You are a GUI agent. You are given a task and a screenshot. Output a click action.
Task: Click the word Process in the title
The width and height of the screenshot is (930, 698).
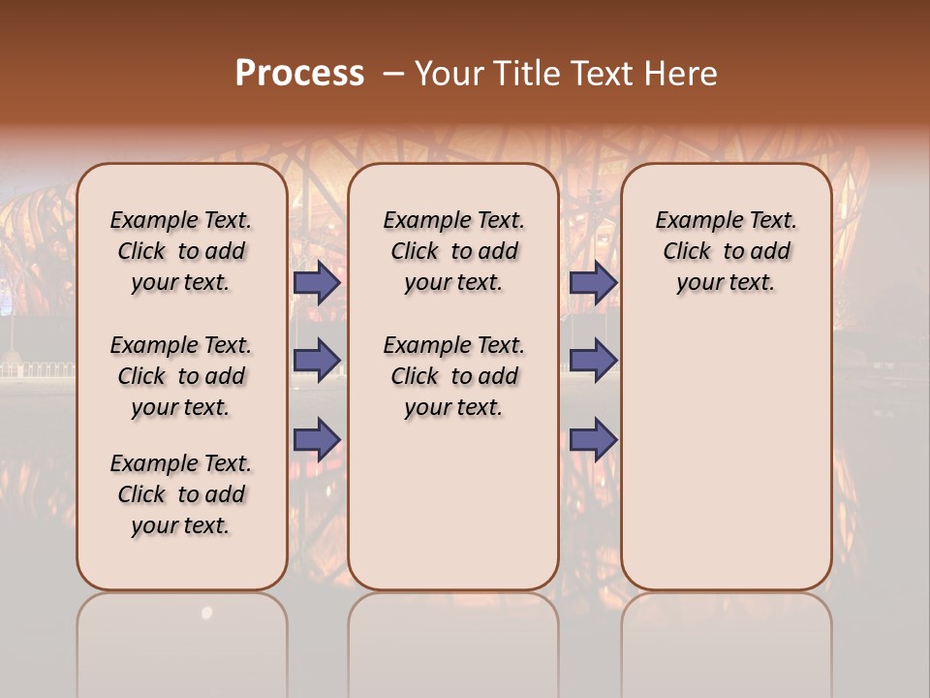298,73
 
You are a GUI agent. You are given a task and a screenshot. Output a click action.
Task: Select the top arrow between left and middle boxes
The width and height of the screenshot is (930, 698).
317,283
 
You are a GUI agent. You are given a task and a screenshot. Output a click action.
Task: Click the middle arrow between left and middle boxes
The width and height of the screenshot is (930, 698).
317,361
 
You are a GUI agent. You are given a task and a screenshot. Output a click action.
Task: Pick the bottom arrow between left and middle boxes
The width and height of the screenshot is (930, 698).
317,439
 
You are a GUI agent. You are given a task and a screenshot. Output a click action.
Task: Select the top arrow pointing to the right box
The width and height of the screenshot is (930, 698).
593,283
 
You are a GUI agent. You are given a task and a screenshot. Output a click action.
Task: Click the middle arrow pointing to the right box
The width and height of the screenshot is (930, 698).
593,361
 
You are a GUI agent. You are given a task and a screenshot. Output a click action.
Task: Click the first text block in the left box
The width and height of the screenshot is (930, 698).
181,251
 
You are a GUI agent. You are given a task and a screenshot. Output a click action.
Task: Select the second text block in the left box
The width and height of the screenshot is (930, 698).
181,376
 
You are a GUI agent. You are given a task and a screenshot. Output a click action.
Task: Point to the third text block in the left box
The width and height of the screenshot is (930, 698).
181,494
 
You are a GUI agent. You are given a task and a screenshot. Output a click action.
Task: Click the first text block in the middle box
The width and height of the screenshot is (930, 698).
453,251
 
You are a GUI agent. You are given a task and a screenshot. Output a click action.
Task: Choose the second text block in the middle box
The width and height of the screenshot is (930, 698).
453,376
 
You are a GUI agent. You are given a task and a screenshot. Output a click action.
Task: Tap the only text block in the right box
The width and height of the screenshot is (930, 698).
726,251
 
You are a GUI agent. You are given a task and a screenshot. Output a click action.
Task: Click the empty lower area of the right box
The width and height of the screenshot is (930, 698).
726,465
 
